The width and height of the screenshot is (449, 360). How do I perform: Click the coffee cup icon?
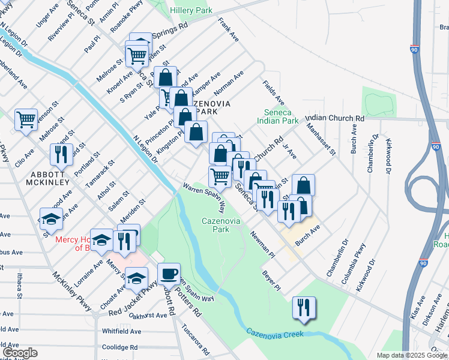(x=169, y=274)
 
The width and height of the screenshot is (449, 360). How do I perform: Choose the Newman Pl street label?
(x=263, y=245)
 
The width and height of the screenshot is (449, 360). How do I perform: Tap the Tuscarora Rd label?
(x=196, y=340)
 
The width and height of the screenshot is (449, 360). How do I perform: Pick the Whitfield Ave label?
(x=121, y=331)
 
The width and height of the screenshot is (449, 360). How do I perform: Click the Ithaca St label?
(x=19, y=284)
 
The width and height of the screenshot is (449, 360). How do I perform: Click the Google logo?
(x=20, y=353)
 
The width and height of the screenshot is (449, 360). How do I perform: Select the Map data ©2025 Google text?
(x=411, y=355)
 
